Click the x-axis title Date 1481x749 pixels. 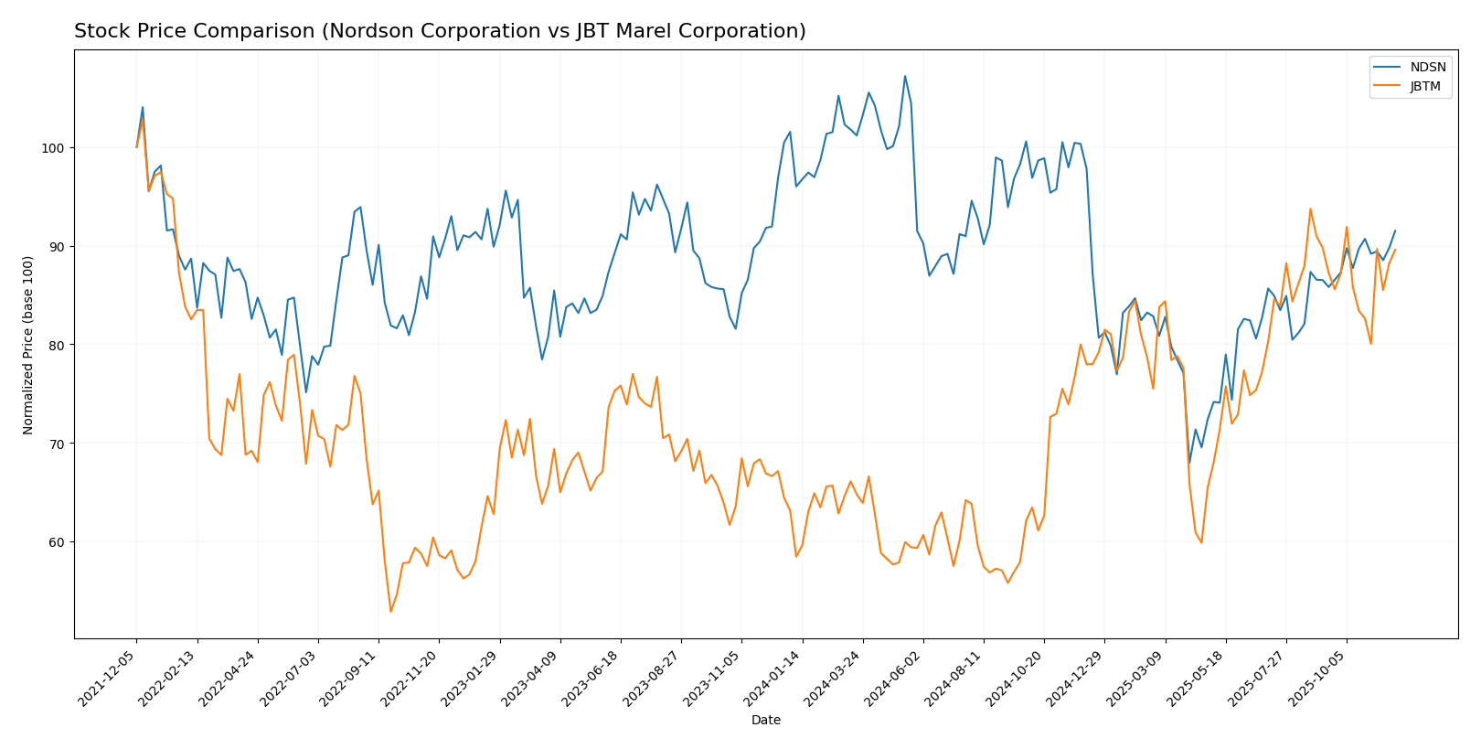click(765, 721)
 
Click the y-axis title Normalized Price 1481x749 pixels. click(28, 345)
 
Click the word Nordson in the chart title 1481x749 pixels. click(400, 32)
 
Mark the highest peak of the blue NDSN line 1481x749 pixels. click(905, 76)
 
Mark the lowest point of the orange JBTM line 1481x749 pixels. click(390, 611)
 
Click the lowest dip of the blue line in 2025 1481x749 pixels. click(1189, 463)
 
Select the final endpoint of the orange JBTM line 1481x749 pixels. click(1395, 250)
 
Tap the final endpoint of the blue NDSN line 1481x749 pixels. click(1395, 230)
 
